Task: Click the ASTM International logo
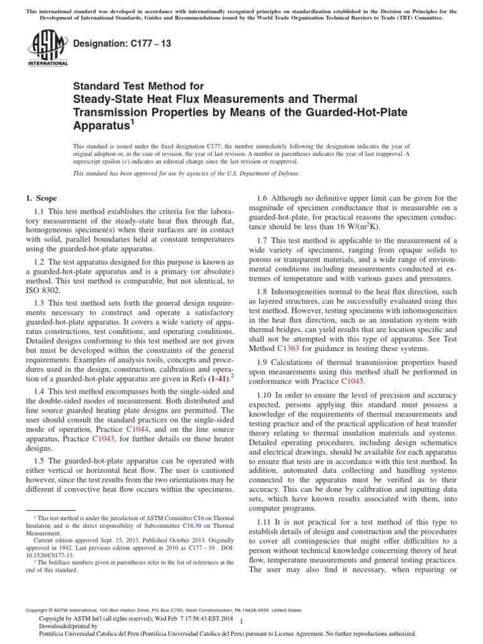click(x=47, y=48)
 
